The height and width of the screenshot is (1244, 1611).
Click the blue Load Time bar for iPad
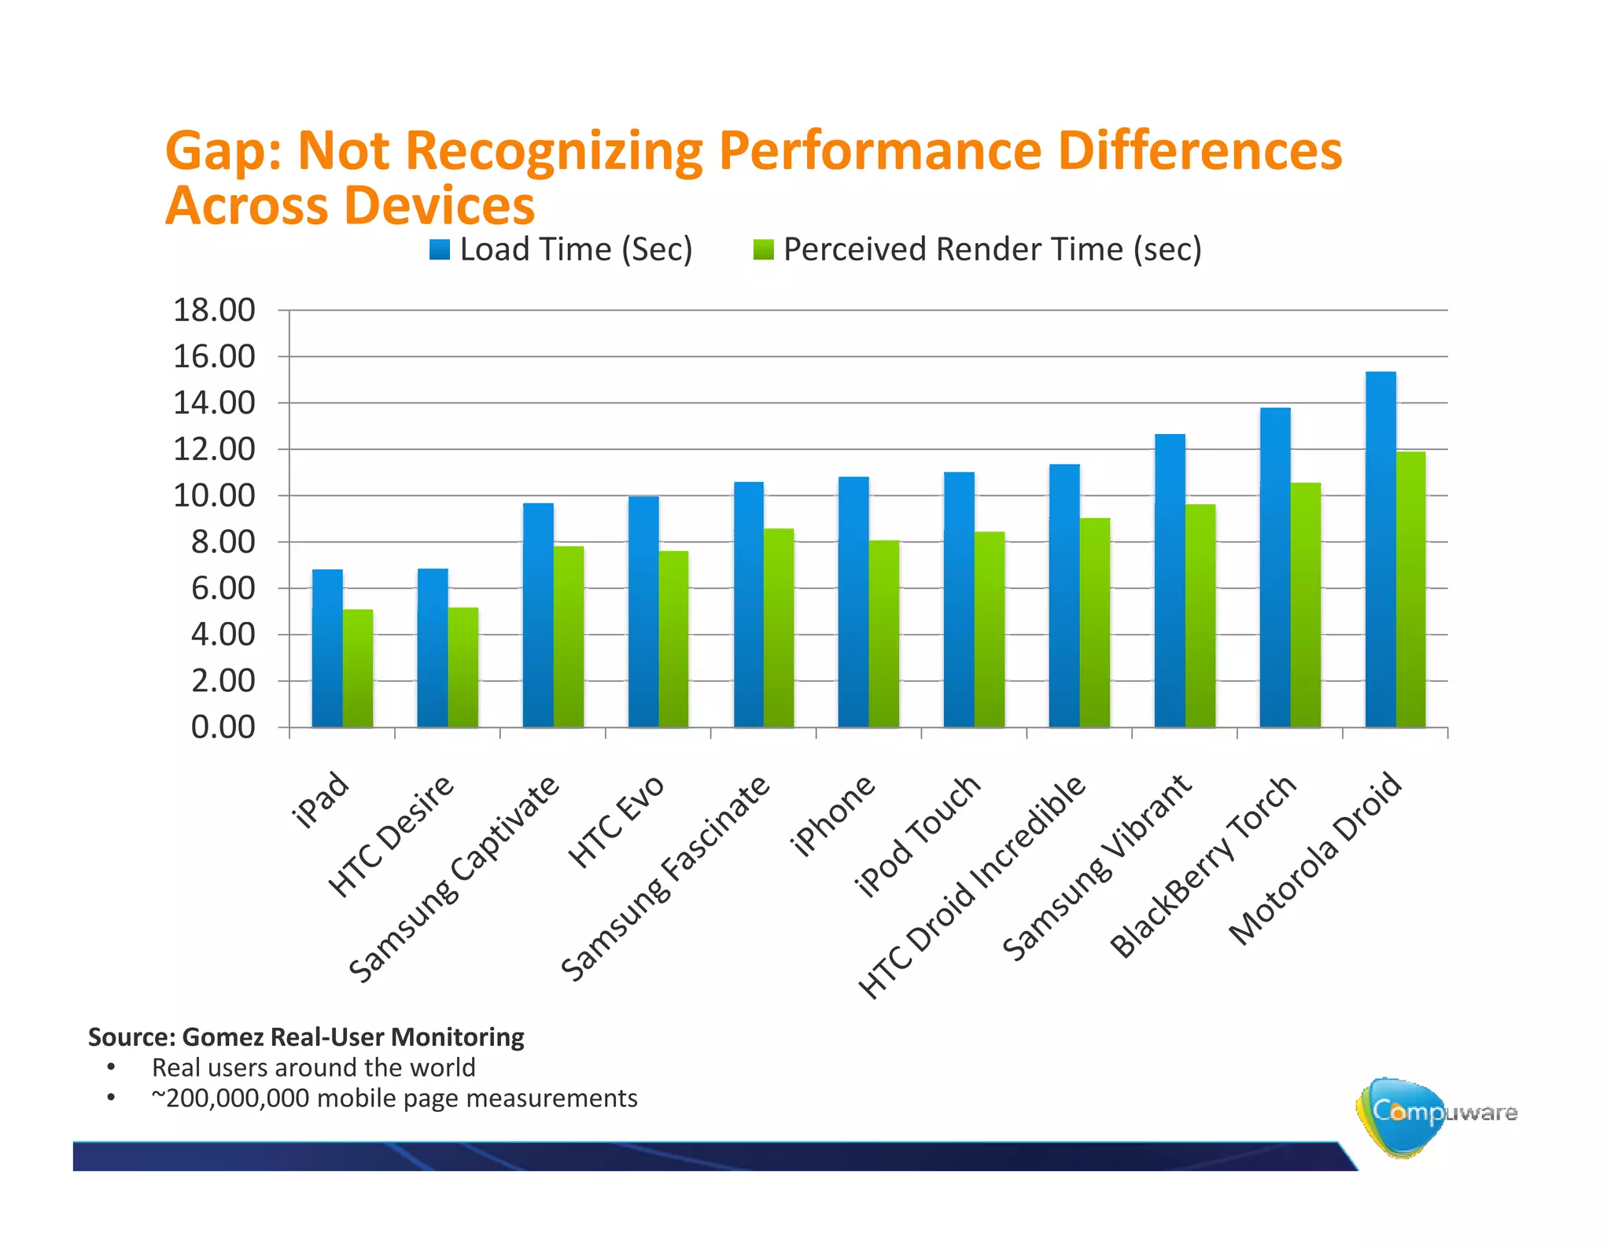327,649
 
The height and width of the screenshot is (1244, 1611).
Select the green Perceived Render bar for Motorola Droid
1410,590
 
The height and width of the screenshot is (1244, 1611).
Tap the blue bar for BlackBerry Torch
1275,568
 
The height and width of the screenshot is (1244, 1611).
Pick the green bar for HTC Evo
673,639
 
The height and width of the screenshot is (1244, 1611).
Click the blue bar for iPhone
853,602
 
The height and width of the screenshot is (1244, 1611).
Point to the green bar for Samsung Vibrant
1200,616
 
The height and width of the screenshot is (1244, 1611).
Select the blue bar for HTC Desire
433,649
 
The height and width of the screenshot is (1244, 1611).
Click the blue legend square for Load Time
440,250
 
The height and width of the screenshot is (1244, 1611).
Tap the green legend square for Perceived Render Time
764,250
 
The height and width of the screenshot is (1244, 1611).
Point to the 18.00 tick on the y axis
214,311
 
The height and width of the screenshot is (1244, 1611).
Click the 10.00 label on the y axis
214,496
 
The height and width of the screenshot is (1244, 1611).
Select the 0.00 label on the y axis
223,727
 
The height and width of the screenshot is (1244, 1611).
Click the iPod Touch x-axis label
918,836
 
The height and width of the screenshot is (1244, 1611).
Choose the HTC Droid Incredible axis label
972,887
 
